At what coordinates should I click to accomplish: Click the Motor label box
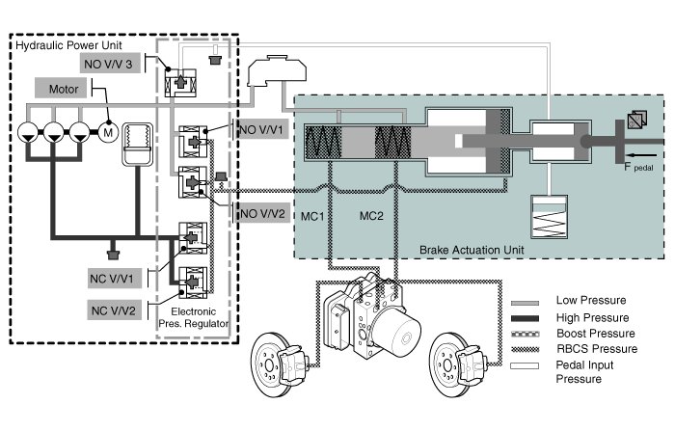click(61, 89)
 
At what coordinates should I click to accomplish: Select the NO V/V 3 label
click(110, 64)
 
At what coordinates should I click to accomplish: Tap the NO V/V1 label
click(262, 129)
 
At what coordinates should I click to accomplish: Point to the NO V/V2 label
click(262, 213)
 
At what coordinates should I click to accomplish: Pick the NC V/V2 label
click(114, 310)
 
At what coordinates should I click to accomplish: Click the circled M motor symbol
click(108, 132)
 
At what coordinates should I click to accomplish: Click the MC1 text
click(312, 216)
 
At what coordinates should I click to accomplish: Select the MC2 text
click(371, 216)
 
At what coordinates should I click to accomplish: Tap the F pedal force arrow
click(642, 155)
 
